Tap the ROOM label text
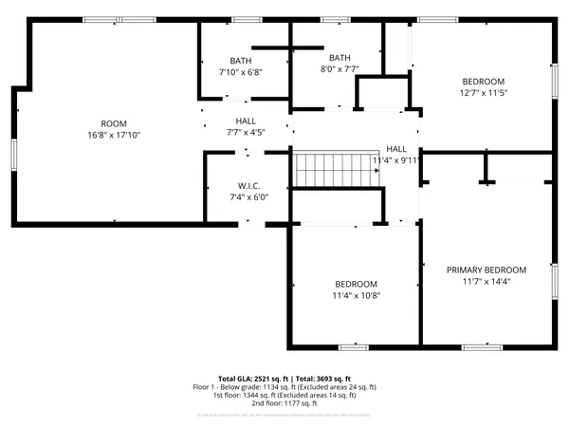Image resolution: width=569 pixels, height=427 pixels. [x=114, y=123]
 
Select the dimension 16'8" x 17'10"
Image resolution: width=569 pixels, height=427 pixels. [x=114, y=136]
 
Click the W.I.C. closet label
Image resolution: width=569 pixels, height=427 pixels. [x=248, y=185]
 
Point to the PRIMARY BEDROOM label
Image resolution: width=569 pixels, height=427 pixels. [x=486, y=269]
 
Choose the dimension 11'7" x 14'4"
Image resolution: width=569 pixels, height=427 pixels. [x=486, y=282]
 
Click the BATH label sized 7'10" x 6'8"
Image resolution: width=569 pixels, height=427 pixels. [x=240, y=60]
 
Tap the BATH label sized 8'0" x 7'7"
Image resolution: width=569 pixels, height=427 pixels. [x=339, y=57]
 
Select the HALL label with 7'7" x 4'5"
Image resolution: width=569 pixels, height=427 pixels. [x=246, y=121]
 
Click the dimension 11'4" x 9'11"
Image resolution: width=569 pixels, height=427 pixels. [x=396, y=161]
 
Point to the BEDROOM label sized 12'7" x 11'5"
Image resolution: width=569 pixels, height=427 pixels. [x=483, y=81]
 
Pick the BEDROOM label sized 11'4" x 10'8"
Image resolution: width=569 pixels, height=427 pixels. [x=356, y=284]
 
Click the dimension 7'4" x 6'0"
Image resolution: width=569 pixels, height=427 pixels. [x=248, y=197]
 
